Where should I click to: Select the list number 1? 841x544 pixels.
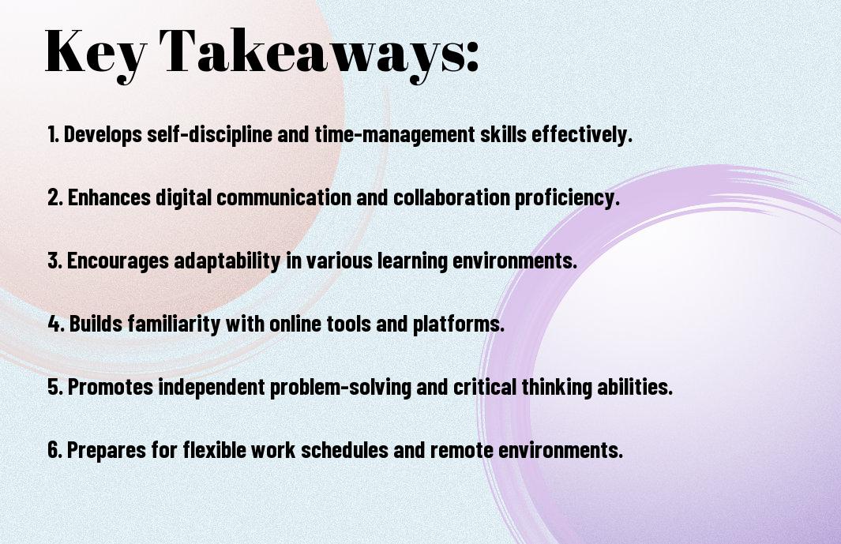coord(53,134)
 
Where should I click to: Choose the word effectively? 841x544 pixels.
coord(582,134)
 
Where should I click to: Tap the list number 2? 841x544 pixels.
coord(54,197)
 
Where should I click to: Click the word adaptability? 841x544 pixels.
coord(227,261)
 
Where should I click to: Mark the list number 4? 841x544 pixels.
coord(56,324)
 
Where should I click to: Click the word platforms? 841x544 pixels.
coord(459,324)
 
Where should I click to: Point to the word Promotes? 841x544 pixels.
coord(111,387)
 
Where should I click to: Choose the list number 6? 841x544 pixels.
coord(55,449)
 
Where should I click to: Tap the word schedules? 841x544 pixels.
coord(344,449)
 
